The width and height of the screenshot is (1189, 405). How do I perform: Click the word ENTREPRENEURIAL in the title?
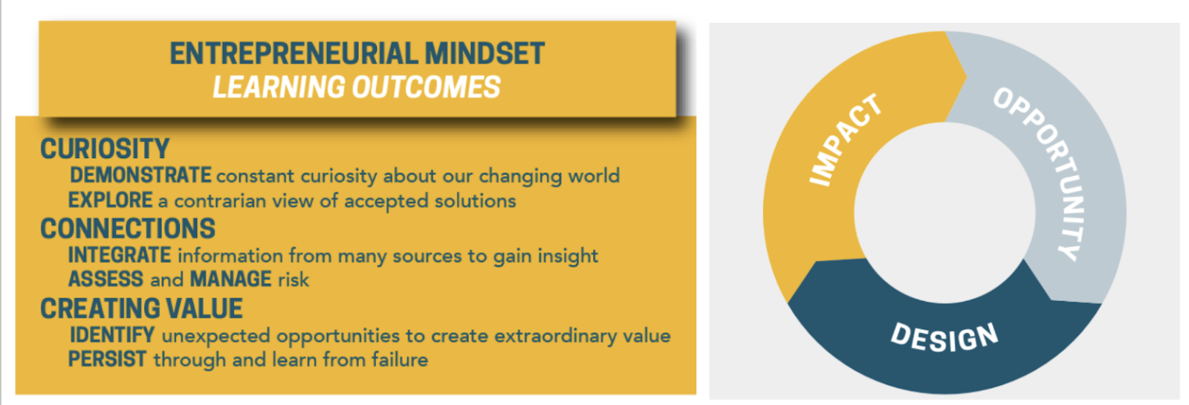(x=294, y=53)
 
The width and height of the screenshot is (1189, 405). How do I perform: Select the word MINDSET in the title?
(x=485, y=53)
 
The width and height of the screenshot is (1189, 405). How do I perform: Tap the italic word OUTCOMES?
(x=427, y=87)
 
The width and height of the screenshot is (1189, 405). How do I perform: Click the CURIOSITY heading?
(x=105, y=149)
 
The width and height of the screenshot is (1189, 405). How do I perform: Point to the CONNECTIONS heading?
(x=128, y=229)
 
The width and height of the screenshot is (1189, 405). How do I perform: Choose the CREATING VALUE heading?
(x=142, y=308)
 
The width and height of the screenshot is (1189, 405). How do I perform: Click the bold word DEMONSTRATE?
(x=140, y=175)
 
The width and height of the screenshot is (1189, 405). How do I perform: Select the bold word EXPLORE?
(x=111, y=200)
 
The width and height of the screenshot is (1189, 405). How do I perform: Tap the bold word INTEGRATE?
(x=120, y=256)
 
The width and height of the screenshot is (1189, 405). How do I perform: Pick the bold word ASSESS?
(x=106, y=279)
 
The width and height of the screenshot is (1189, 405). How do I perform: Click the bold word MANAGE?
(x=231, y=279)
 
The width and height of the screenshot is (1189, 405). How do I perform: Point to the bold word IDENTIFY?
(x=112, y=335)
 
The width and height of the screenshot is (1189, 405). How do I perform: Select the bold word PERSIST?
(x=107, y=360)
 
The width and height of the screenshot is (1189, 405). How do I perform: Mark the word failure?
(x=400, y=360)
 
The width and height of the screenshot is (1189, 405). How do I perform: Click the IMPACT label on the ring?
(x=846, y=140)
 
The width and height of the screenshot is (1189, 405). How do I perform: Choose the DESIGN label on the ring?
(x=945, y=337)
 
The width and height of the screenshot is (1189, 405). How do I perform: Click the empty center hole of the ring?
(x=945, y=213)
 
